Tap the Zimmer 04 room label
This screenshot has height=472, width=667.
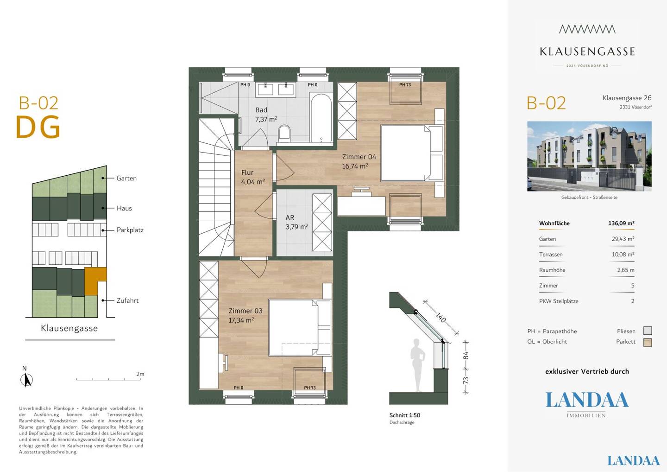click(359, 157)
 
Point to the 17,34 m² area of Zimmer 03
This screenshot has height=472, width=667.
click(241, 320)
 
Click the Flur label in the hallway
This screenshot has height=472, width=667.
click(247, 172)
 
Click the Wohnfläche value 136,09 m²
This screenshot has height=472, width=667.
click(621, 223)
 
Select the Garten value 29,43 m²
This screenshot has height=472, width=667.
click(623, 239)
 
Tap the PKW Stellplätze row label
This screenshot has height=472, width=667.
click(559, 301)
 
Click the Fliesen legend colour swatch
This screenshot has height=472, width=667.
click(648, 331)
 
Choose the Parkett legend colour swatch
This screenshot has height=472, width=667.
click(648, 342)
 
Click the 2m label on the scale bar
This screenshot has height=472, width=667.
click(140, 374)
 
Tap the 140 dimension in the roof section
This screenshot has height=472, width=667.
click(440, 318)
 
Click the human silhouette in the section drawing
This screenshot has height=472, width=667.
click(417, 365)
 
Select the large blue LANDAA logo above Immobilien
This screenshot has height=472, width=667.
click(587, 400)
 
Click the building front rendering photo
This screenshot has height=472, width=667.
click(589, 156)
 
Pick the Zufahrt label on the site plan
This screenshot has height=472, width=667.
click(127, 300)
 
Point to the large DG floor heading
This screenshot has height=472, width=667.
click(38, 127)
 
